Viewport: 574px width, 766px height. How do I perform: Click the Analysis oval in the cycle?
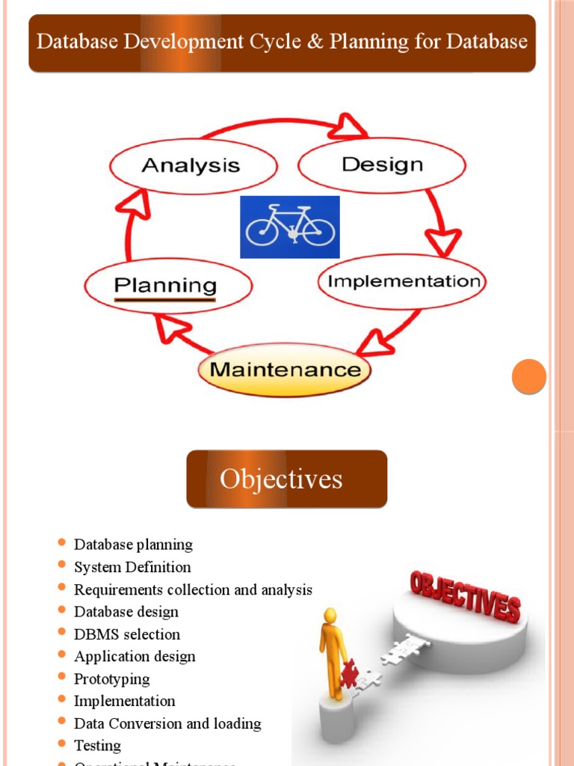pyautogui.click(x=193, y=166)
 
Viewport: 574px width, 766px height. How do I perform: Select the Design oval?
pyautogui.click(x=382, y=165)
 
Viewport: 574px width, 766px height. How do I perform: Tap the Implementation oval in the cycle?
pyautogui.click(x=404, y=281)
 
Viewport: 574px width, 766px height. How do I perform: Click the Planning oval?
pyautogui.click(x=167, y=285)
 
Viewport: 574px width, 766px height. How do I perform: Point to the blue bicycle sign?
pyautogui.click(x=290, y=227)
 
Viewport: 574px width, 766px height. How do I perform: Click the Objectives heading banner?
pyautogui.click(x=286, y=479)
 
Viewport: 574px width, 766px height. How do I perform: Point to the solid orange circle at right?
pyautogui.click(x=529, y=376)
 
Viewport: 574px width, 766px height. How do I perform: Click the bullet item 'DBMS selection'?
pyautogui.click(x=127, y=634)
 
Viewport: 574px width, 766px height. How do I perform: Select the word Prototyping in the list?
pyautogui.click(x=111, y=679)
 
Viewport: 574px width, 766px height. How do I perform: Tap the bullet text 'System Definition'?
pyautogui.click(x=132, y=567)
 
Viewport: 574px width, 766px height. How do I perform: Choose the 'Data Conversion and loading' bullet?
pyautogui.click(x=167, y=723)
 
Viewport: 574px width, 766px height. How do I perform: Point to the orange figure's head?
pyautogui.click(x=330, y=616)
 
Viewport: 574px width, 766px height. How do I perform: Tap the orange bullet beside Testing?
pyautogui.click(x=62, y=745)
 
